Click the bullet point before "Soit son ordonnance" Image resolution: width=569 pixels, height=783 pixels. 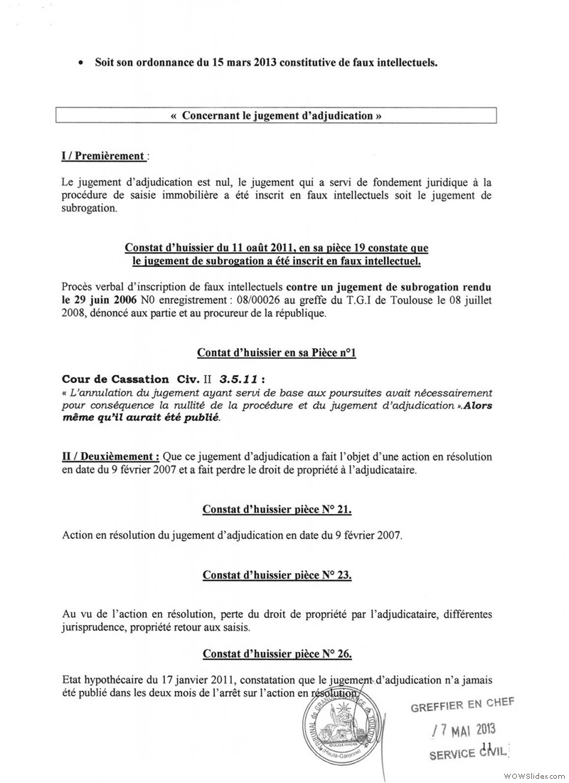(82, 63)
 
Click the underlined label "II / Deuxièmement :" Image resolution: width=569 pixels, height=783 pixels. (111, 456)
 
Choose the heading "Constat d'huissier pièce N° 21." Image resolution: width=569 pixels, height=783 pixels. (277, 509)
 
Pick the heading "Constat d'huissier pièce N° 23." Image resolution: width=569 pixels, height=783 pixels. (277, 574)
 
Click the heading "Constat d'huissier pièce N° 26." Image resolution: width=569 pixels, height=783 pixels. (277, 653)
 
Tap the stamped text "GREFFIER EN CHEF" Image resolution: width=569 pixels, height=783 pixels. (462, 705)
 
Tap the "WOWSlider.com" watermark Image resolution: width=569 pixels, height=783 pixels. (533, 774)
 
